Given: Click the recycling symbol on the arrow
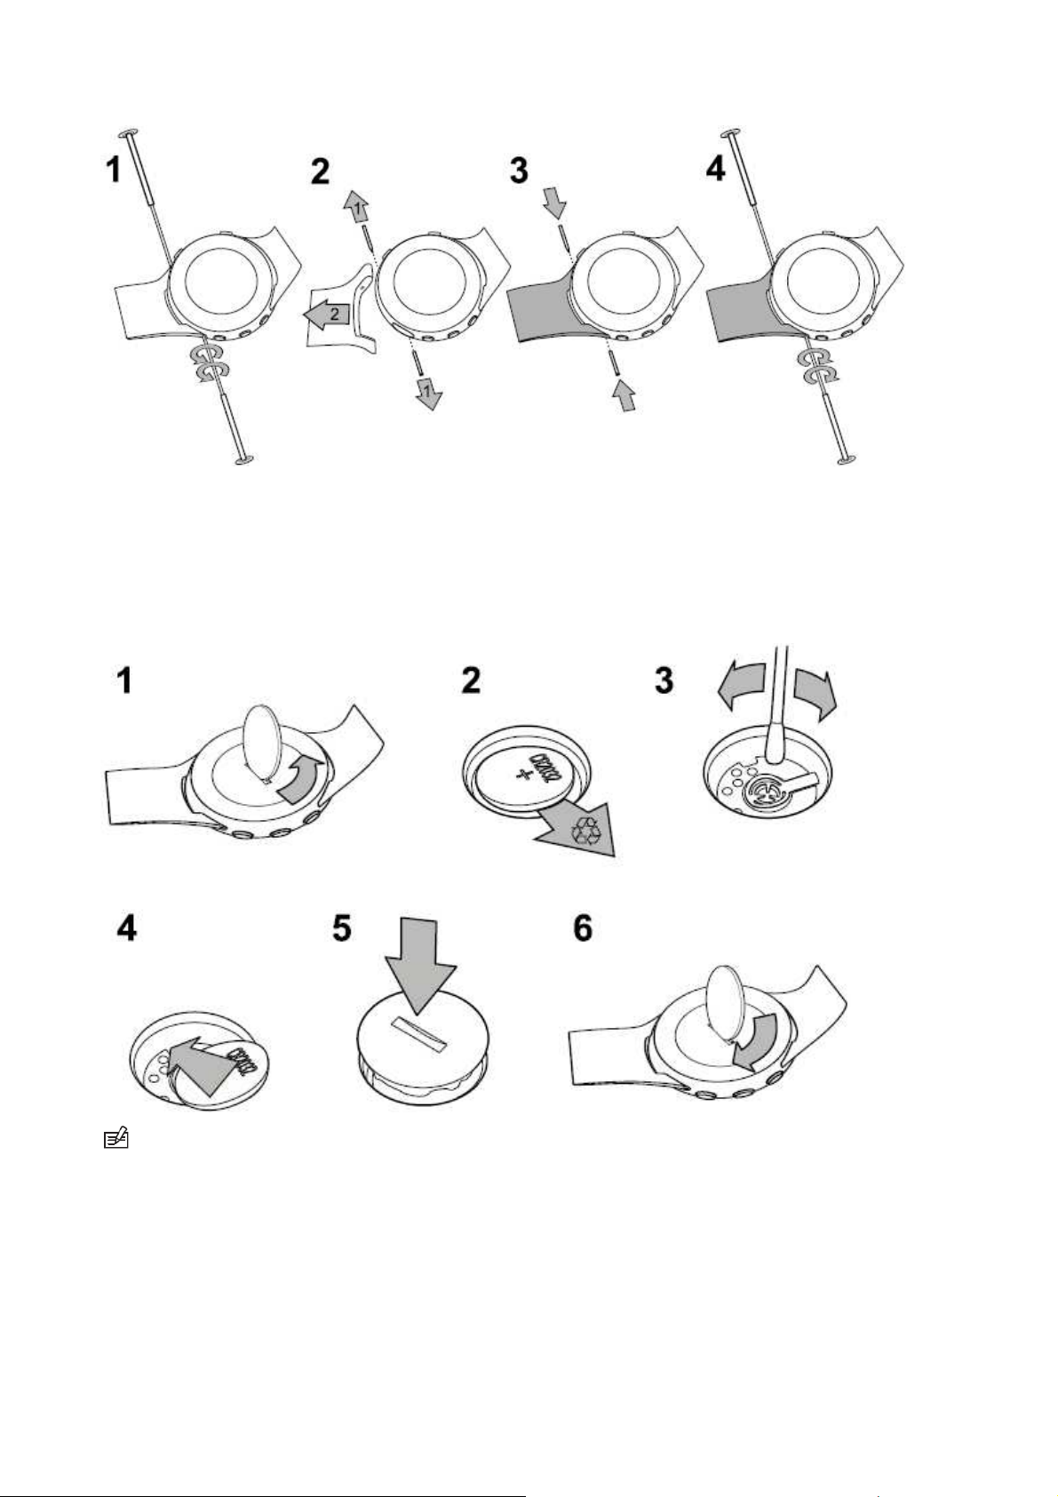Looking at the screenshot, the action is (587, 830).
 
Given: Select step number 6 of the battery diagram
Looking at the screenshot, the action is (582, 929).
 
